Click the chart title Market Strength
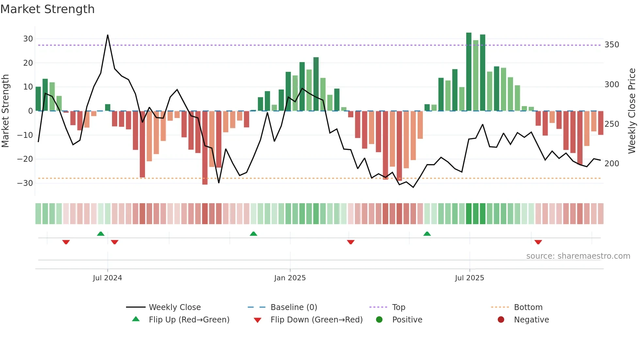click(x=47, y=9)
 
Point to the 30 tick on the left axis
click(x=28, y=39)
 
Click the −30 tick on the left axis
click(x=25, y=183)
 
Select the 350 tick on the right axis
click(x=612, y=45)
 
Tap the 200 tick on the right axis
click(x=612, y=164)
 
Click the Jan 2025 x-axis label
click(x=290, y=278)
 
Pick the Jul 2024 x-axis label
click(x=107, y=278)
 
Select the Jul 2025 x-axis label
click(x=469, y=278)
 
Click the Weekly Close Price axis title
click(x=632, y=111)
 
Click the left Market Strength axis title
click(x=5, y=111)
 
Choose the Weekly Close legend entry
click(x=174, y=307)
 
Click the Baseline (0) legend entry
click(x=294, y=307)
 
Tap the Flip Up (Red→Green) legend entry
click(x=189, y=320)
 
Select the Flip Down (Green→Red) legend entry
click(x=316, y=320)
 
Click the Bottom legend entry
click(x=528, y=307)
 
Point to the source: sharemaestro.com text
click(x=578, y=256)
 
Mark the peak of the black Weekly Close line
click(x=108, y=35)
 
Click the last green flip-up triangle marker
click(x=427, y=234)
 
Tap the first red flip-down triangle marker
click(x=66, y=242)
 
